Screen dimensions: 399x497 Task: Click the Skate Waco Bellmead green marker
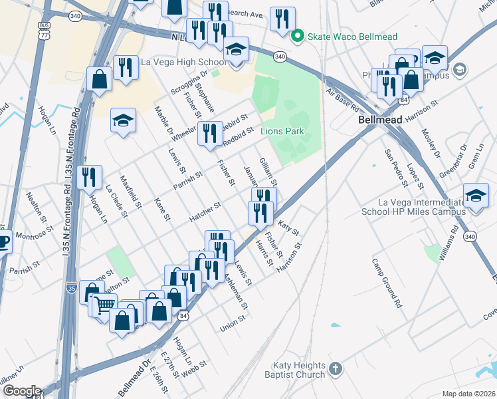tap(298, 36)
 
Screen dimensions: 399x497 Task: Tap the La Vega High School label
tap(184, 63)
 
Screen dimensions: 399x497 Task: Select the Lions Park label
tap(282, 131)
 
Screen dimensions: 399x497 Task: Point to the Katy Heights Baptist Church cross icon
tap(336, 368)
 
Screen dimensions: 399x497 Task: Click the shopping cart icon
tap(102, 305)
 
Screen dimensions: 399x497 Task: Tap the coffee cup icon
tap(3, 242)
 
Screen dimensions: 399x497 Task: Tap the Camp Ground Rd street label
tap(387, 283)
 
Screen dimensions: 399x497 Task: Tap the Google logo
tap(21, 390)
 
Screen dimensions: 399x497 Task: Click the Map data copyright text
tap(468, 394)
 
